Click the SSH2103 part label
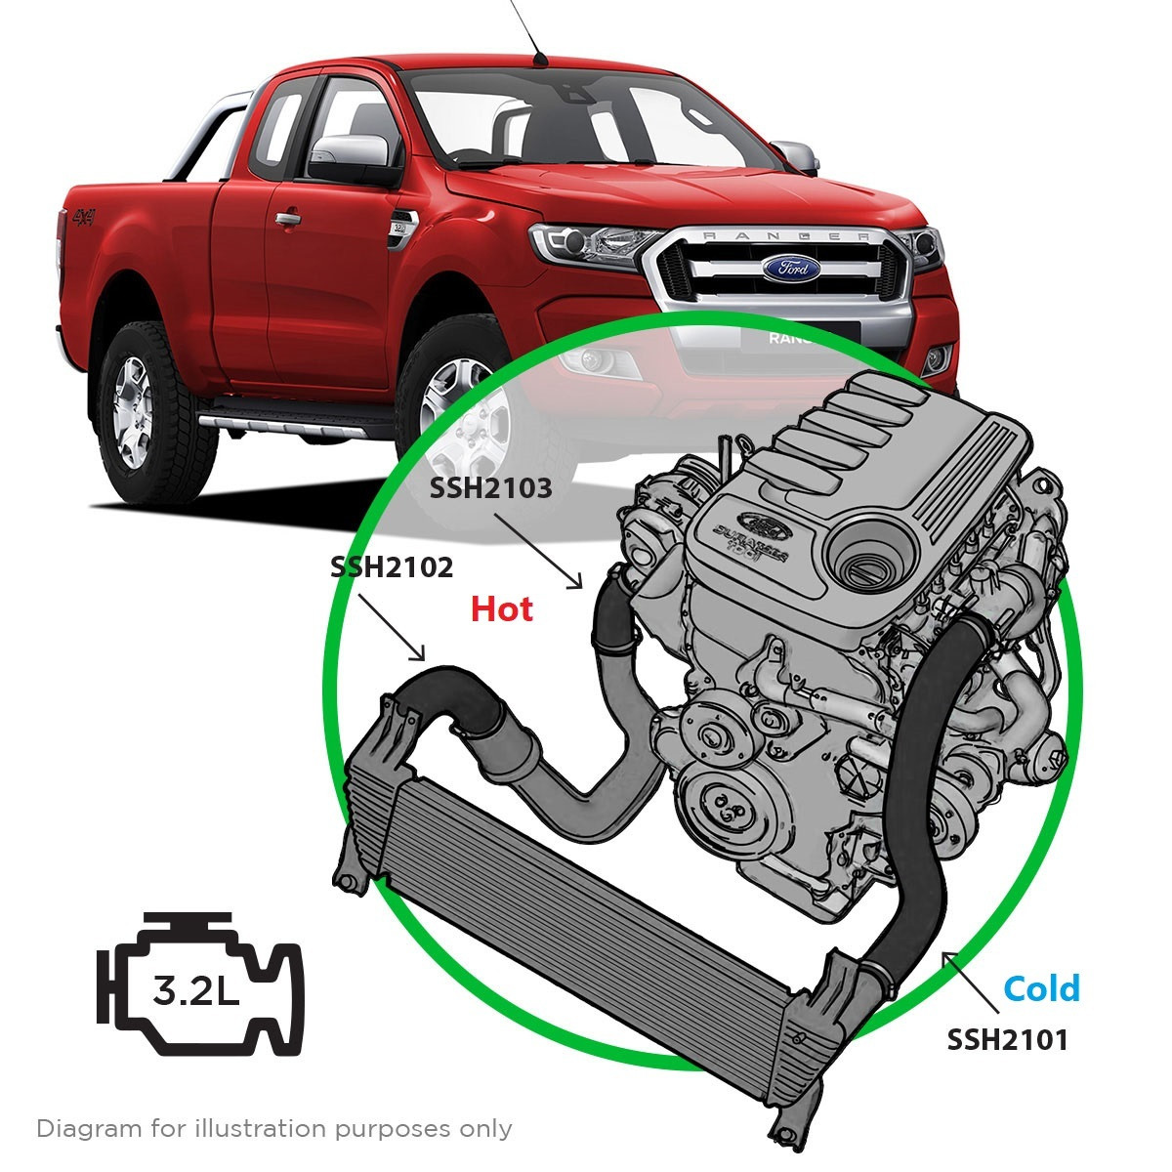click(x=491, y=487)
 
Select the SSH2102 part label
click(x=392, y=567)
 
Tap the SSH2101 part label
click(x=1007, y=1039)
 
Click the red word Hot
click(x=502, y=608)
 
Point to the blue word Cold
click(x=1042, y=988)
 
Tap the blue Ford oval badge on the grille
click(x=791, y=268)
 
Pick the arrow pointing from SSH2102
click(x=392, y=627)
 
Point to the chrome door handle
click(x=287, y=219)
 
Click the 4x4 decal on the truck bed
click(x=85, y=217)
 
